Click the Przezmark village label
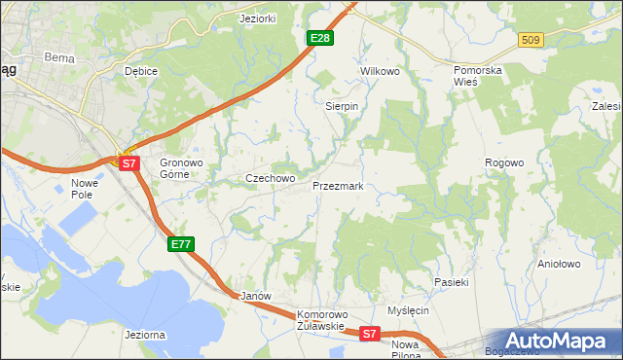(x=337, y=185)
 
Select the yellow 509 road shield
(x=531, y=40)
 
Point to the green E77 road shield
(x=181, y=244)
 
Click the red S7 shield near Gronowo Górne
(x=129, y=163)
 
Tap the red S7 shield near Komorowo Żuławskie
(x=368, y=334)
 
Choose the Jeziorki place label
(x=259, y=18)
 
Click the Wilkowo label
(x=381, y=72)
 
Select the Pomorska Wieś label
(x=481, y=77)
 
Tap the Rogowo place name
(x=505, y=162)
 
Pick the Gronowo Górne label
(x=180, y=168)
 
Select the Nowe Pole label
(x=87, y=189)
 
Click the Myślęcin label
(x=408, y=310)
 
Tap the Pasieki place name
(x=452, y=282)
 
